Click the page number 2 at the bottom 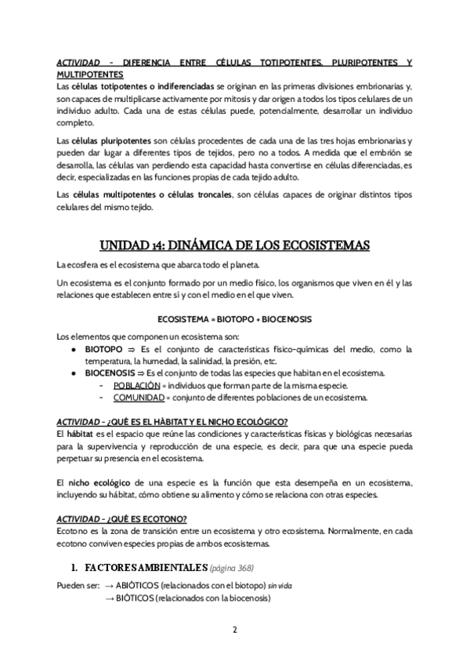pos(235,630)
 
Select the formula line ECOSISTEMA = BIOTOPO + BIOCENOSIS pos(235,319)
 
